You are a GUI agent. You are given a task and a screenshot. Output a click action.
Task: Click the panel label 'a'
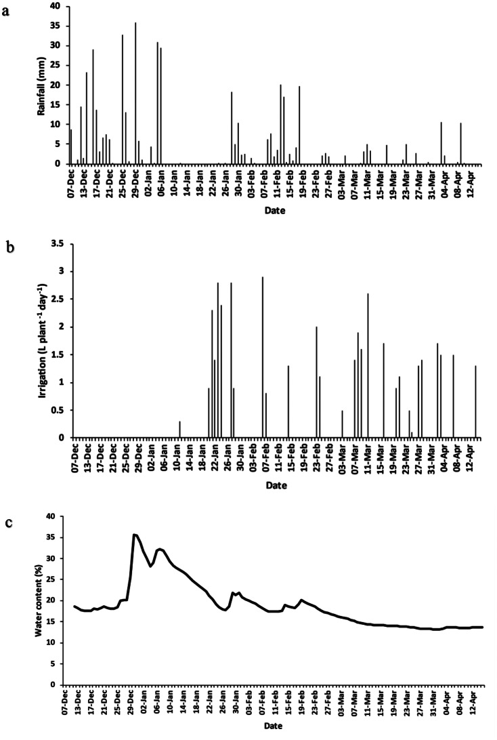(x=5, y=12)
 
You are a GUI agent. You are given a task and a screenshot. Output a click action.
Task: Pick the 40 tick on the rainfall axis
(x=57, y=6)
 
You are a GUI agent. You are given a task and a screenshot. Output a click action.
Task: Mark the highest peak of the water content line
(x=135, y=535)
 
